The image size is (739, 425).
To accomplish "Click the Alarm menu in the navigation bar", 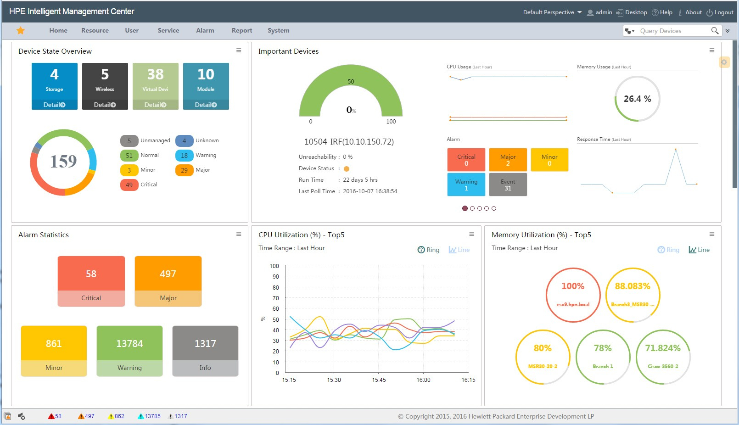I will click(x=205, y=31).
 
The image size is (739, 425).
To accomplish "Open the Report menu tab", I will click(x=242, y=31).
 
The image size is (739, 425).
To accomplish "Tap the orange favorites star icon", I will click(x=21, y=31).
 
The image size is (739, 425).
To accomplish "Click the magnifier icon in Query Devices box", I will click(x=715, y=31).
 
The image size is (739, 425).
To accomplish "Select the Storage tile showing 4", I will click(x=54, y=81).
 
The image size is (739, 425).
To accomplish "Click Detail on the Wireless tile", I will click(x=105, y=105).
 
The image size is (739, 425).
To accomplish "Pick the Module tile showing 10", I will click(x=206, y=81).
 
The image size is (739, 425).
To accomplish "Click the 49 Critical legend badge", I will click(x=129, y=185).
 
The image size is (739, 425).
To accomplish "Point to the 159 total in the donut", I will click(x=63, y=162).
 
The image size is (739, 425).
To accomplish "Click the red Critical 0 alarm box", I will click(x=466, y=160).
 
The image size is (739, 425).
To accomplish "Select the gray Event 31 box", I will click(x=508, y=185).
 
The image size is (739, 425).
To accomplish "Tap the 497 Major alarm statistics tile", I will click(x=168, y=281).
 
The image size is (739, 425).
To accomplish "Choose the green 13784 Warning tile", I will click(x=129, y=351).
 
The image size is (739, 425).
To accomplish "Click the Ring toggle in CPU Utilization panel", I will click(x=428, y=250).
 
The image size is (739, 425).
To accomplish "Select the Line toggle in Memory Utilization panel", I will click(x=699, y=250).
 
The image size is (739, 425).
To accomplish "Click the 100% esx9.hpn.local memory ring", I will click(x=573, y=295).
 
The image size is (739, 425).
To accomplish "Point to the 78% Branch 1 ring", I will click(x=603, y=357).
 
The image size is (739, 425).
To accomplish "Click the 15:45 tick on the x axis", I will click(x=379, y=380).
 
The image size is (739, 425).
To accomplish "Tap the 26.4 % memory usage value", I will click(x=637, y=99).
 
